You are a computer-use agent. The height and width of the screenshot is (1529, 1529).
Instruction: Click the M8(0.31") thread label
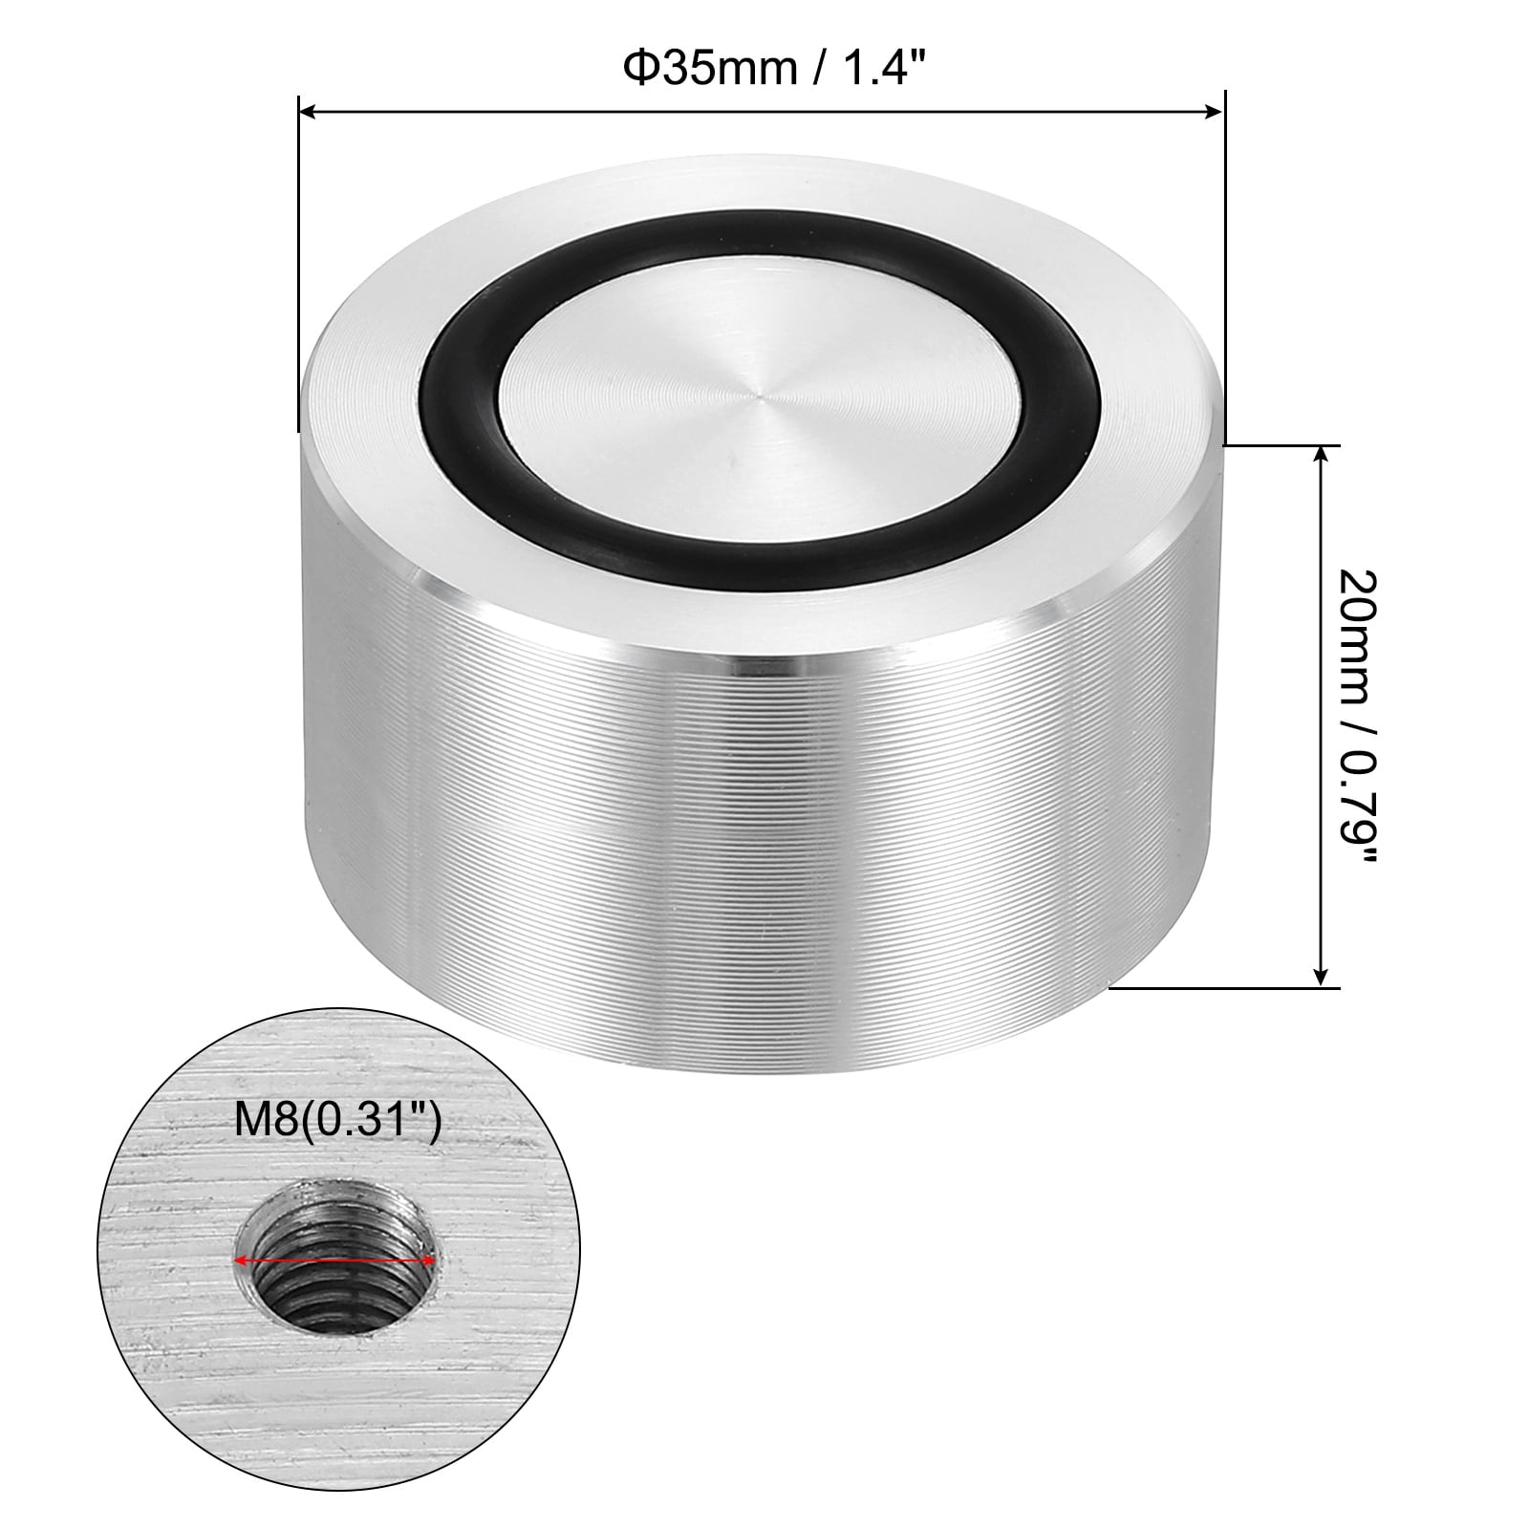point(337,1121)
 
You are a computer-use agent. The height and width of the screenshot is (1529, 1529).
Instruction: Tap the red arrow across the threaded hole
point(334,1262)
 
